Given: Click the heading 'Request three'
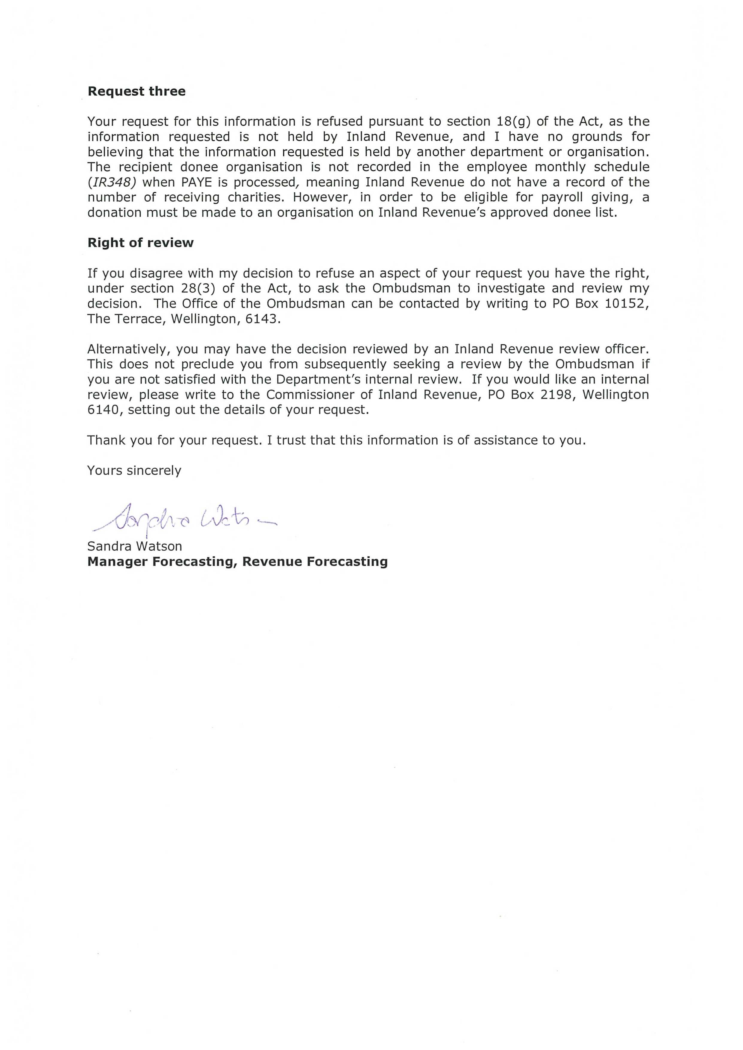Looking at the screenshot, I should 136,92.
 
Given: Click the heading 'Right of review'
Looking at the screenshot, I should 140,243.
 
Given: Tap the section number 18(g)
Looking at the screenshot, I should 513,122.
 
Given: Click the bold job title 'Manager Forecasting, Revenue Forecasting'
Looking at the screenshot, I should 237,561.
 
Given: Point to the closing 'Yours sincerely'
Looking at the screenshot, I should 134,471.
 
